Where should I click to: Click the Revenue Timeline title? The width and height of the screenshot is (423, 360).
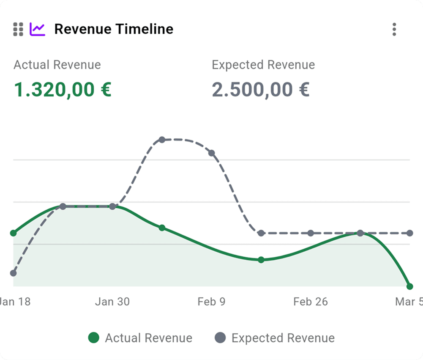(114, 29)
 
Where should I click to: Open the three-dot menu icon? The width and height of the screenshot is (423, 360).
(394, 29)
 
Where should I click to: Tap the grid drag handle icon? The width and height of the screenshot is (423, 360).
(18, 29)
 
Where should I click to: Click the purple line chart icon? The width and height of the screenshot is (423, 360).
(37, 29)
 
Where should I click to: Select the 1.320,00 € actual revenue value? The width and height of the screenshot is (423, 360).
(63, 90)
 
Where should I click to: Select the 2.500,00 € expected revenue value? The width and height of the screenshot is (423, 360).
(261, 90)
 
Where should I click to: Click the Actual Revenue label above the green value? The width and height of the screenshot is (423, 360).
(57, 65)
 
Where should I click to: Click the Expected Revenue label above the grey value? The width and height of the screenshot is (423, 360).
(263, 65)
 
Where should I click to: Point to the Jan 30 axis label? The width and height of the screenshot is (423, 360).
(112, 302)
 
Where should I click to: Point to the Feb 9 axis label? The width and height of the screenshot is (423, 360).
(211, 302)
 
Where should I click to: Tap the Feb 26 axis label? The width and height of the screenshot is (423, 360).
(311, 302)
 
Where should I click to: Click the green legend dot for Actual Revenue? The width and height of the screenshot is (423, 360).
(94, 338)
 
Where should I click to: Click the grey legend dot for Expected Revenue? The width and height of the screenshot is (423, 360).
(220, 338)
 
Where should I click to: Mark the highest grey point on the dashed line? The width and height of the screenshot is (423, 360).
(162, 140)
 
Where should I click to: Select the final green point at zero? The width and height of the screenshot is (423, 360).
(409, 286)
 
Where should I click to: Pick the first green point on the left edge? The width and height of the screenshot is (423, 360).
(14, 233)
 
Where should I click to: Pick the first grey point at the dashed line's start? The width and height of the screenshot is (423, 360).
(14, 273)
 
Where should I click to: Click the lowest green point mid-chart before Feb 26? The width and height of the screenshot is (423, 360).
(261, 260)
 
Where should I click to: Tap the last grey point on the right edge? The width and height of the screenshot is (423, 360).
(409, 233)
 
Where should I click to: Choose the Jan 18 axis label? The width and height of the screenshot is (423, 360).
(16, 302)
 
